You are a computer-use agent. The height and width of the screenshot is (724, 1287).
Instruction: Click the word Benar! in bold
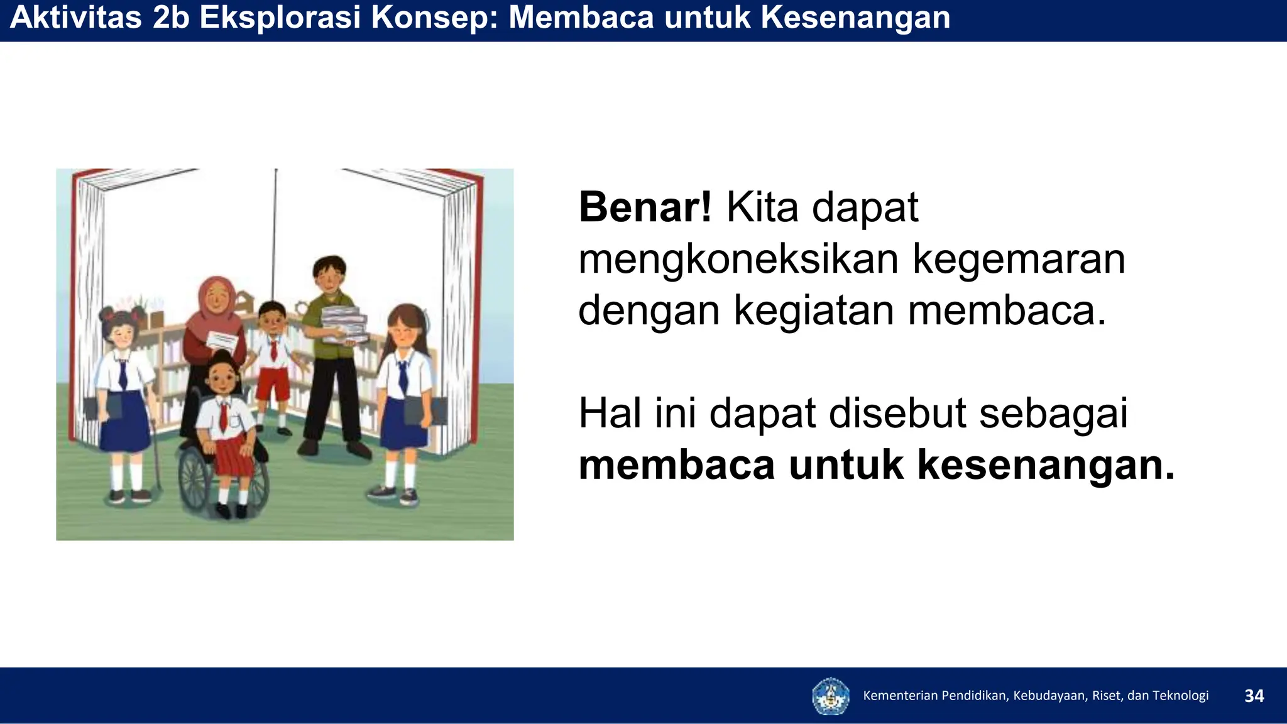(645, 207)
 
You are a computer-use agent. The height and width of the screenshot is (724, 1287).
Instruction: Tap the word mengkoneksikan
(738, 259)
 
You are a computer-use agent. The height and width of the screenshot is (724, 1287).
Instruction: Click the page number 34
(1254, 696)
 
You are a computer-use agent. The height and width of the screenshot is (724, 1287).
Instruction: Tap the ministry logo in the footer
(830, 696)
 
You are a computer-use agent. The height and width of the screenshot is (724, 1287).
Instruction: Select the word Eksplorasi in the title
(280, 18)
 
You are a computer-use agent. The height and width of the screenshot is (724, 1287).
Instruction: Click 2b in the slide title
(170, 18)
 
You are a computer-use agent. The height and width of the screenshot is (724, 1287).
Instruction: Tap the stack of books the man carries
(344, 324)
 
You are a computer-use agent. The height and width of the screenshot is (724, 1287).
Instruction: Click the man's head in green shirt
(329, 273)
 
